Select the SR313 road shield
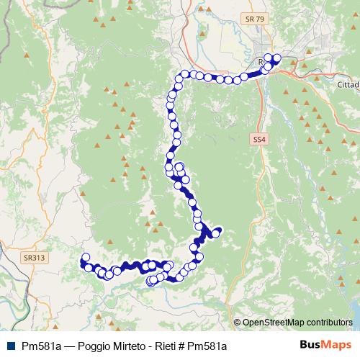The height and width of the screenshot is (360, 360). point(32,256)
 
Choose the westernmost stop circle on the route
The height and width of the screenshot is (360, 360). point(86,257)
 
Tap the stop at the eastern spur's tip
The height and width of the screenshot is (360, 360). point(215,232)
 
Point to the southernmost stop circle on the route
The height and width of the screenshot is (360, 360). point(151,282)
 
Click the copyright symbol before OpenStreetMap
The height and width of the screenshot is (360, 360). point(238,323)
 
